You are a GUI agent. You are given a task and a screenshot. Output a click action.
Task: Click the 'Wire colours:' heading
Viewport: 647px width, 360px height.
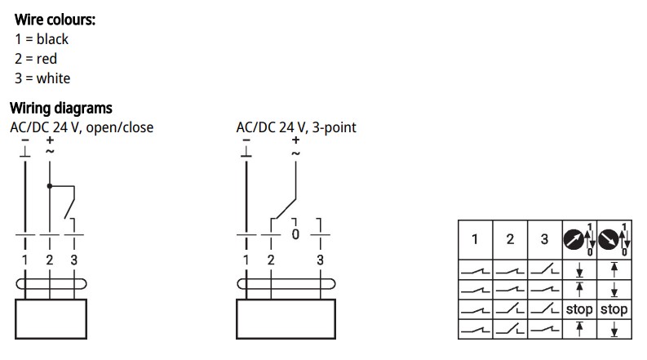(55, 19)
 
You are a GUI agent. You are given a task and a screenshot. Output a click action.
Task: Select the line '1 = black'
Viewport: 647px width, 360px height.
(42, 39)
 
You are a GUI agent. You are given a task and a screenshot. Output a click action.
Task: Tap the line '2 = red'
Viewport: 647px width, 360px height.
(36, 59)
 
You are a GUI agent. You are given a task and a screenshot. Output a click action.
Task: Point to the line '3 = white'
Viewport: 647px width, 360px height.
(42, 78)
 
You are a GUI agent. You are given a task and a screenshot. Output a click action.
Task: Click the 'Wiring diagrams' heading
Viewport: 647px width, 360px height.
(60, 108)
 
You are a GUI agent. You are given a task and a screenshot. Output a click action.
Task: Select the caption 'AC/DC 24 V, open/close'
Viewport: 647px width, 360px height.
(82, 127)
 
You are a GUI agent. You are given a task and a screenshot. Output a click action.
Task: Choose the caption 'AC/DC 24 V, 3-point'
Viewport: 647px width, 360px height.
(296, 127)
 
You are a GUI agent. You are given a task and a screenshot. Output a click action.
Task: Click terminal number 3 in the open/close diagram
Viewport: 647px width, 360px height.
(74, 260)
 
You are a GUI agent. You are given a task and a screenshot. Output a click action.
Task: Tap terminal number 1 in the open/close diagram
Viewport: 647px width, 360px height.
(25, 260)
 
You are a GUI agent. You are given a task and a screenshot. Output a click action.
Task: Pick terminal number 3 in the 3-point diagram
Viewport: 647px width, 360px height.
(320, 260)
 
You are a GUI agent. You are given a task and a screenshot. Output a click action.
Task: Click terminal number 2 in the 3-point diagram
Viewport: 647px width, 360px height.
(271, 260)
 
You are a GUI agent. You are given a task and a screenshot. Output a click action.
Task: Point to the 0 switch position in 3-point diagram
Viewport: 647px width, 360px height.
(295, 234)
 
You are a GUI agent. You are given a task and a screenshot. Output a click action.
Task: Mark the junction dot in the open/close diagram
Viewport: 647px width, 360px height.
(50, 186)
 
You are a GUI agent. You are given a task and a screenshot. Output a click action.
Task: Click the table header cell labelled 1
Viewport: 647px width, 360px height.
(475, 239)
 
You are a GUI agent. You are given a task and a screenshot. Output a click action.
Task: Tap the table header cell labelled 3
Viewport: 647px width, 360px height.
(545, 239)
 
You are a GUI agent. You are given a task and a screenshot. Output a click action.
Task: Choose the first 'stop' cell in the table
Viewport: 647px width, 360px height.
(579, 309)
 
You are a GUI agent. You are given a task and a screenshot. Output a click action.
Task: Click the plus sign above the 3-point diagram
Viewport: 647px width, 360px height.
(295, 140)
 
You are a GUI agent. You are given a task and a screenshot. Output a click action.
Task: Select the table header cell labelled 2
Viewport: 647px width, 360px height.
(510, 239)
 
